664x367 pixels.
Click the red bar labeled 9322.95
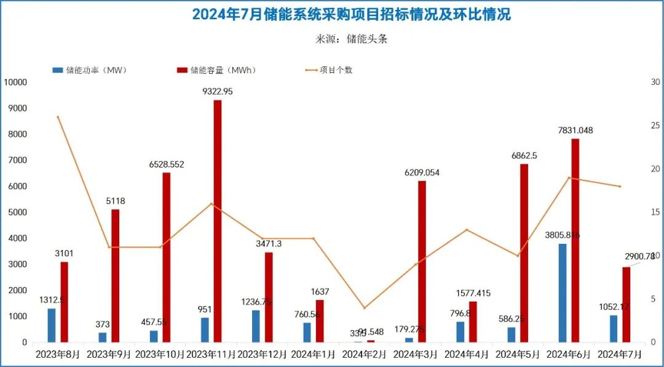coord(218,221)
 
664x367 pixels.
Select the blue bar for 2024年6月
coord(563,293)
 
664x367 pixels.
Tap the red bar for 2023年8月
coord(65,302)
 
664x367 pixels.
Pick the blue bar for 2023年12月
coord(256,326)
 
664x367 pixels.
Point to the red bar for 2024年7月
coord(626,305)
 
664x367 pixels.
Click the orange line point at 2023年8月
coord(58,117)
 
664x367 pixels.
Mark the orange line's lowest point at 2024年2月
coord(364,308)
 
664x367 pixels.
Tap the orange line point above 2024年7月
coord(620,187)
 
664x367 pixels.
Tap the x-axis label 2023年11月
coord(211,355)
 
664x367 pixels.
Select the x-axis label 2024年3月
coord(415,355)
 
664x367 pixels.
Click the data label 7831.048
coord(575,130)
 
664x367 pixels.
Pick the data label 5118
coord(116,201)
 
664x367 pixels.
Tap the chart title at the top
coord(351,14)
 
